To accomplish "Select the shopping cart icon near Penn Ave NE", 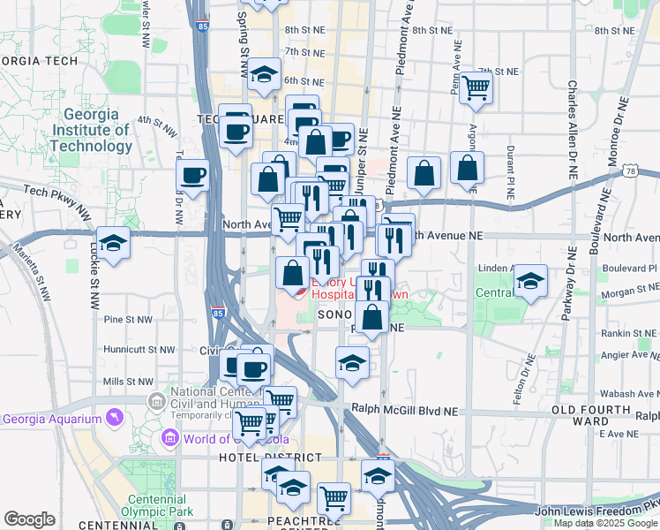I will (476, 87).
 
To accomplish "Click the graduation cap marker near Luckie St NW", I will (113, 244).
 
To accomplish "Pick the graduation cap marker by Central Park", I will (530, 283).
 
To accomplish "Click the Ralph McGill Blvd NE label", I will (405, 410).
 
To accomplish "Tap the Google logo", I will (29, 519).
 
